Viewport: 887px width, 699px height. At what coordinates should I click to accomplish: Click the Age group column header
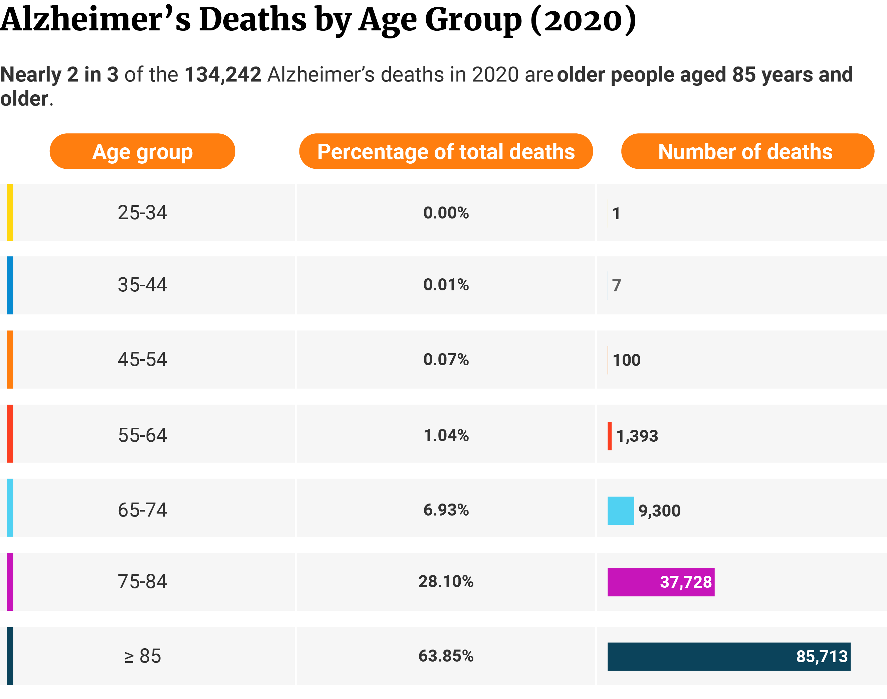point(142,151)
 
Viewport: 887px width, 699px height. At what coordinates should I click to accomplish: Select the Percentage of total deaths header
point(446,151)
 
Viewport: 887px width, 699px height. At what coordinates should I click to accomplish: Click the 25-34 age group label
point(142,213)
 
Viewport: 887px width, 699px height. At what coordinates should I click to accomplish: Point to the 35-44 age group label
point(142,285)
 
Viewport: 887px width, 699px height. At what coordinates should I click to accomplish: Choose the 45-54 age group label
point(142,359)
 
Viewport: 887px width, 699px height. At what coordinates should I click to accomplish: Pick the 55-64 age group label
point(142,435)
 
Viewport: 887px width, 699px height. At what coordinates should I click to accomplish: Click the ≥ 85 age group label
point(142,656)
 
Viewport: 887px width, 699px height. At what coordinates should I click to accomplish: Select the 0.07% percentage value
point(446,359)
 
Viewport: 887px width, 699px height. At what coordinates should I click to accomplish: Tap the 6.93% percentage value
point(446,510)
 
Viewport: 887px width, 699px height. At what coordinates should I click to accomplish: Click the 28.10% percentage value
point(446,581)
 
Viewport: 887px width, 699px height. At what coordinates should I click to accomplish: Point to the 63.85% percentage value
point(446,656)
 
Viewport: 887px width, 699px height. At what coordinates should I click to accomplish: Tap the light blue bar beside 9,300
point(620,510)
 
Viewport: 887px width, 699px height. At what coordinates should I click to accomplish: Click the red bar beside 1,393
point(609,436)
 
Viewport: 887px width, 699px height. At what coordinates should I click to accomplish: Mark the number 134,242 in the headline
point(223,75)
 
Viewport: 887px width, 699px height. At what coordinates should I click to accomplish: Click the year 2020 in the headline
point(495,75)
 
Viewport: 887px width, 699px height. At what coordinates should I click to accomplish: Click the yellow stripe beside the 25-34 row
point(10,213)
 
